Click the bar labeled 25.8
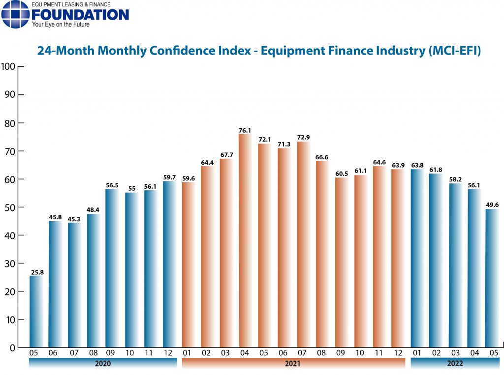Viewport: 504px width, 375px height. click(36, 312)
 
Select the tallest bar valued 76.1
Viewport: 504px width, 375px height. click(246, 241)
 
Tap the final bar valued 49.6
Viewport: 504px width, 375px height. click(492, 278)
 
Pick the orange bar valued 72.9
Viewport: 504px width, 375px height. click(303, 245)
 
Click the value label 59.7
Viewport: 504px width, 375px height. click(169, 177)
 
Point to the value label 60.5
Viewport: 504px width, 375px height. click(342, 173)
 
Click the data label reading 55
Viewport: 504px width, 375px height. click(132, 188)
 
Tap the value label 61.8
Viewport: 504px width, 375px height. click(436, 170)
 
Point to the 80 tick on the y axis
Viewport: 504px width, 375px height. click(10, 123)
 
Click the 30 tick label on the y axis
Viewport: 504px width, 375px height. click(10, 263)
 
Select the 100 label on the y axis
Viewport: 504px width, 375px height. click(8, 66)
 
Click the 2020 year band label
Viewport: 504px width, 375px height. click(103, 363)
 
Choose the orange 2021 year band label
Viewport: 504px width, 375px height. click(292, 363)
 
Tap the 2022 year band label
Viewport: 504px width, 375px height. click(455, 363)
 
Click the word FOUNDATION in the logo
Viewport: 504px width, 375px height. click(80, 15)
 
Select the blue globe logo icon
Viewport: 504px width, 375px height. click(15, 14)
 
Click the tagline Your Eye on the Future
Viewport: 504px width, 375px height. click(61, 25)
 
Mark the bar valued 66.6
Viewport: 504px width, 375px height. click(322, 254)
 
